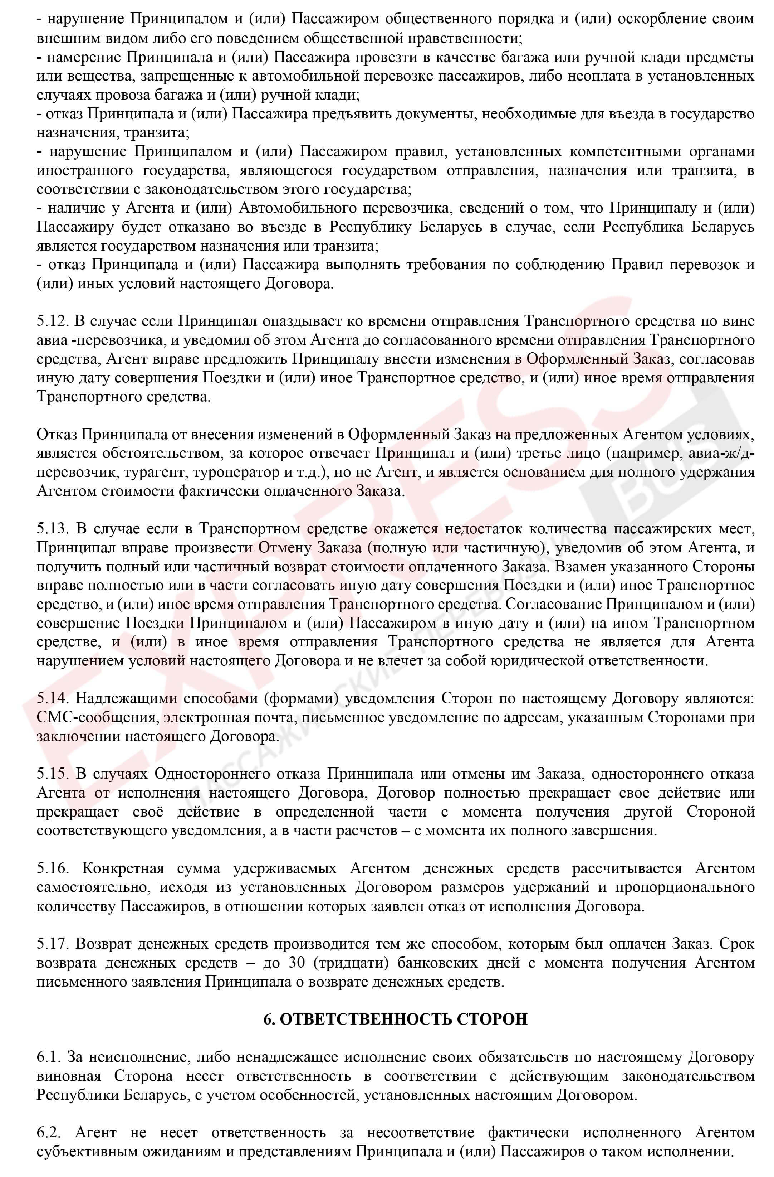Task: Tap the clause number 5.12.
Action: [52, 322]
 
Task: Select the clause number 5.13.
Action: [52, 529]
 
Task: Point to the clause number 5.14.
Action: [52, 699]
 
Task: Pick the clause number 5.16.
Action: [52, 868]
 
